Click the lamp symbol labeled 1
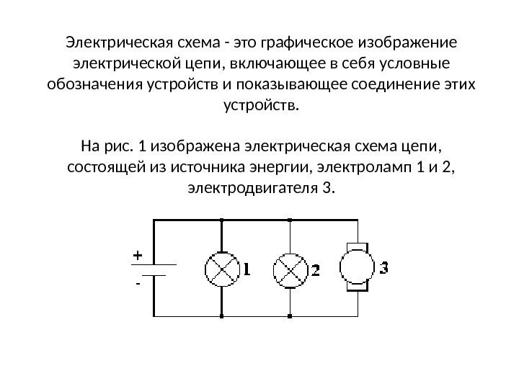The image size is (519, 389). (221, 270)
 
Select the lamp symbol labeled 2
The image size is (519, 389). (288, 270)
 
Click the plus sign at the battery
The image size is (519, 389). (137, 255)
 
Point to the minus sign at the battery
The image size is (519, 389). (137, 284)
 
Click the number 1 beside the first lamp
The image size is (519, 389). (247, 271)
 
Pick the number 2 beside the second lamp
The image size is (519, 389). (315, 272)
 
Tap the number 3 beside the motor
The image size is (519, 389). (384, 268)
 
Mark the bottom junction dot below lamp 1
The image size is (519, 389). (221, 316)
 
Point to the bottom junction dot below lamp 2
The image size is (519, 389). (288, 316)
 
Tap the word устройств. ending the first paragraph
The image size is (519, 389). (259, 106)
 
